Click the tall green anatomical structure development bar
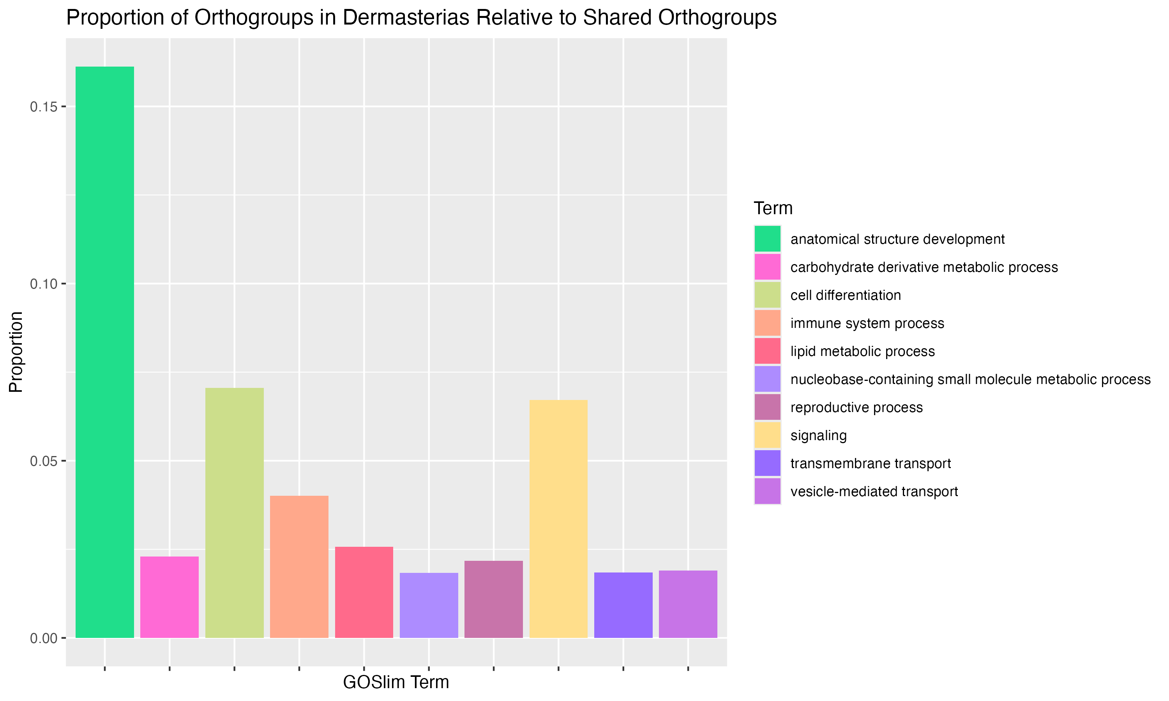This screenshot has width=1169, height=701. tap(104, 352)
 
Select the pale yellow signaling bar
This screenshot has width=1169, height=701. tap(558, 519)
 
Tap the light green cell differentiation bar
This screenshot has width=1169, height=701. tap(234, 513)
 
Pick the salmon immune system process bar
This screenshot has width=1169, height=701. tap(299, 567)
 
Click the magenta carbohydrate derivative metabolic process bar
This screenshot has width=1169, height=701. tap(170, 597)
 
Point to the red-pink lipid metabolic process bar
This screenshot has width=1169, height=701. tap(364, 592)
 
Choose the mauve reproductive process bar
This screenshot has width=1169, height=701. tap(494, 599)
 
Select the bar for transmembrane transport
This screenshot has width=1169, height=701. tap(623, 605)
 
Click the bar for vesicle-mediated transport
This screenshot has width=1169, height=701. tap(688, 604)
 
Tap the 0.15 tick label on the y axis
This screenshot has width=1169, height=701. tap(44, 107)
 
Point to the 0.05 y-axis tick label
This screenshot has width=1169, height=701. tap(44, 461)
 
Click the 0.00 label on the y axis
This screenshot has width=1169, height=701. tap(44, 638)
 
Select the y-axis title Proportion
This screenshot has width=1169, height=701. tap(16, 352)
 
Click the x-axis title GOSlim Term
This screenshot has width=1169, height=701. tap(396, 682)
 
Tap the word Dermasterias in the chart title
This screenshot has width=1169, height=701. tap(406, 18)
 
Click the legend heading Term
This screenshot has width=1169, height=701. tap(773, 208)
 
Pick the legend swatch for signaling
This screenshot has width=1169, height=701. tap(767, 435)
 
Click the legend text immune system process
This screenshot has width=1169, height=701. tap(867, 323)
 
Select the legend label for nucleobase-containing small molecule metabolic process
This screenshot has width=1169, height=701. tap(971, 379)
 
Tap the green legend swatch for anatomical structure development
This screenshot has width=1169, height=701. tap(767, 239)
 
